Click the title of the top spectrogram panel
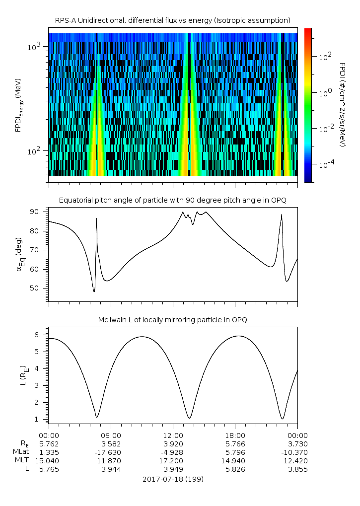tap(173, 20)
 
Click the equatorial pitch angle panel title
tap(173, 200)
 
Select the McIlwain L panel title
tap(173, 320)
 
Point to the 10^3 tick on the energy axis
tap(38, 47)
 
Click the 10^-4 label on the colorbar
tap(325, 164)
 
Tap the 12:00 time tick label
tap(173, 435)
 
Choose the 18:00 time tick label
tap(235, 435)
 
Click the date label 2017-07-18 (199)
tap(173, 479)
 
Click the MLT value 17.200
tap(173, 461)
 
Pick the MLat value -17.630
tap(111, 452)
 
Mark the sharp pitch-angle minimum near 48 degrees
tap(94, 291)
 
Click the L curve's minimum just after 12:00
tap(189, 418)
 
